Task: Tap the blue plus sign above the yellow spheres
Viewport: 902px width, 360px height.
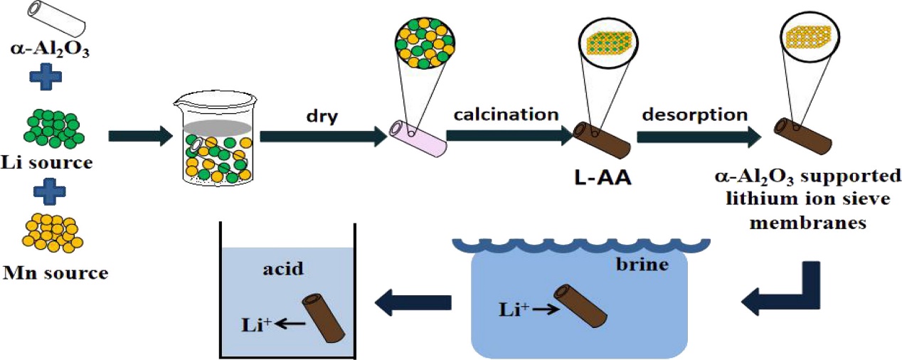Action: tap(54, 191)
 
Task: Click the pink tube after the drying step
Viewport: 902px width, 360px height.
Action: tap(418, 137)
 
